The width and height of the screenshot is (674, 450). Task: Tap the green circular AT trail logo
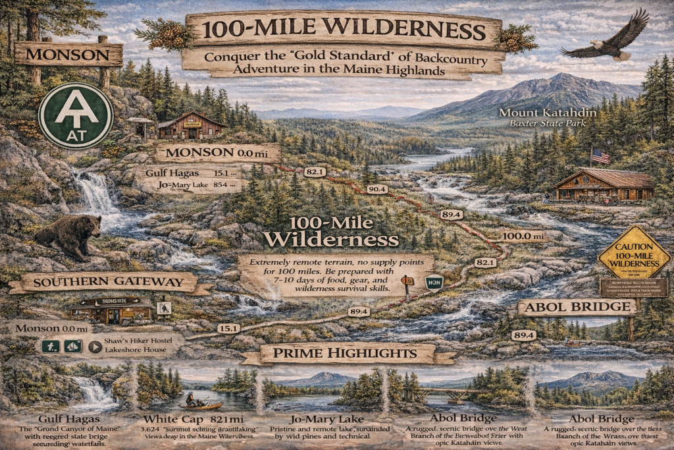75,115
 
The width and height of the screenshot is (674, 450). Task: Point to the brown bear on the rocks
68,236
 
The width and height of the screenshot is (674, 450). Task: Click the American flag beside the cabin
600,156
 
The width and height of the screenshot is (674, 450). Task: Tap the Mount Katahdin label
548,113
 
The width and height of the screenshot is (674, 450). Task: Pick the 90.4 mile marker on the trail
377,189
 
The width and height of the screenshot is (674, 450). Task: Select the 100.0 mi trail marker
524,236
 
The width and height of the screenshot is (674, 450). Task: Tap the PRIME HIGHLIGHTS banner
347,354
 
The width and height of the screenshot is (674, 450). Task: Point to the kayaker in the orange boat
192,401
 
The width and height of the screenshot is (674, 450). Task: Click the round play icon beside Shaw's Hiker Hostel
95,345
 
